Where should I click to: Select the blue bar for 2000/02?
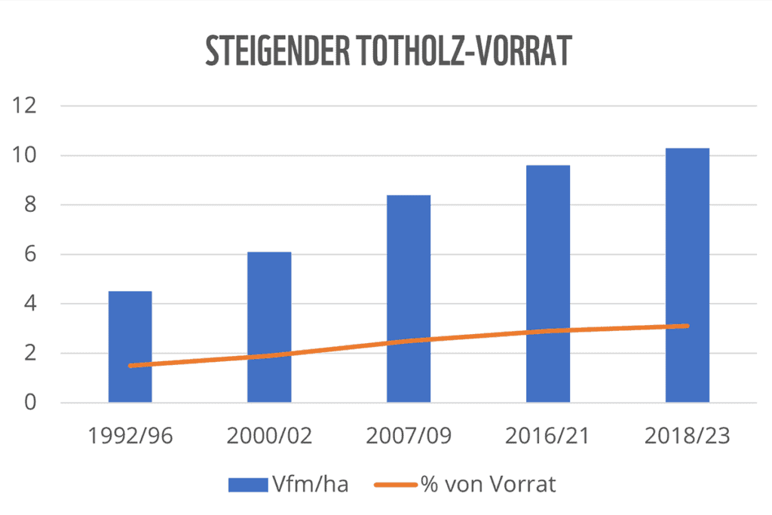coord(269,317)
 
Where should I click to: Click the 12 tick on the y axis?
coord(25,106)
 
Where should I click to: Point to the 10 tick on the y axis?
coord(25,156)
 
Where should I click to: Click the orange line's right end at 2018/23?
coord(687,326)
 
